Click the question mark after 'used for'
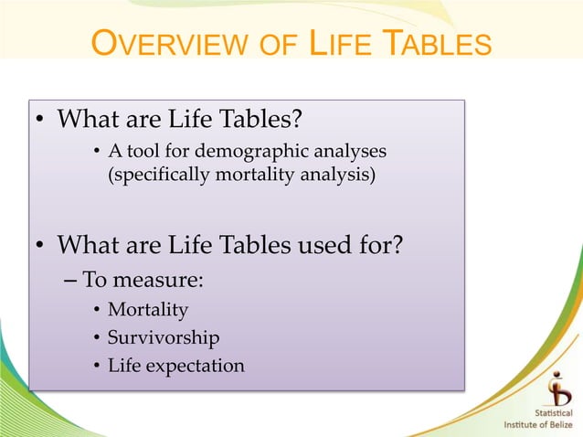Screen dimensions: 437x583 point(397,246)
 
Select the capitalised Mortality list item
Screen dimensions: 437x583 point(147,310)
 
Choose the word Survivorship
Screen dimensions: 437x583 point(164,338)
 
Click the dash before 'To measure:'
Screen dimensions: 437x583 point(72,280)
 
